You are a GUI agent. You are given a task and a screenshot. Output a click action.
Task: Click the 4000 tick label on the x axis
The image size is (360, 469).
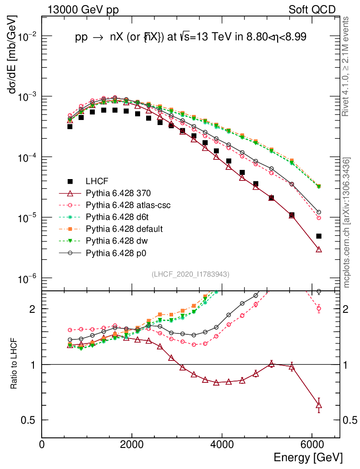tap(222, 444)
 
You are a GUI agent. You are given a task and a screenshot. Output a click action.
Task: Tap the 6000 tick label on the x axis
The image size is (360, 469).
tap(311, 444)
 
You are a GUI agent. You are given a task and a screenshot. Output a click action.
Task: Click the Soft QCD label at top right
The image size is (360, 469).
tap(312, 10)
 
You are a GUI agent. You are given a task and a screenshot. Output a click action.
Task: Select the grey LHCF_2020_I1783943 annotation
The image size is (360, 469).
tap(191, 274)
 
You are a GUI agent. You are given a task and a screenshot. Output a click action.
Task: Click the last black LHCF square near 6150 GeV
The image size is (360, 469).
tap(319, 236)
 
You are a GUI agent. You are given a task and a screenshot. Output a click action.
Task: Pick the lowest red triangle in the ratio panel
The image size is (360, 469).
tap(319, 405)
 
